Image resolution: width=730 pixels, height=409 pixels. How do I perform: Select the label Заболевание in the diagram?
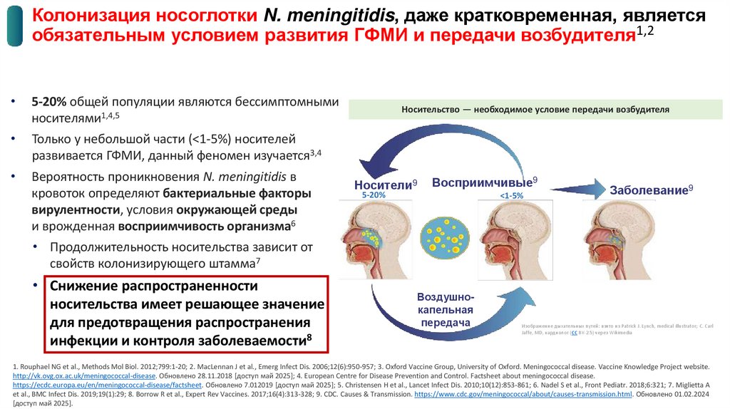648,190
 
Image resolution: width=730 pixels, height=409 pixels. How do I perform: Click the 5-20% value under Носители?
373,195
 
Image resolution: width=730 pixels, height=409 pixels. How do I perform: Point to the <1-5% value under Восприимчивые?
511,195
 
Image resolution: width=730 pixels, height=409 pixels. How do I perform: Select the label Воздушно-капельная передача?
445,310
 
